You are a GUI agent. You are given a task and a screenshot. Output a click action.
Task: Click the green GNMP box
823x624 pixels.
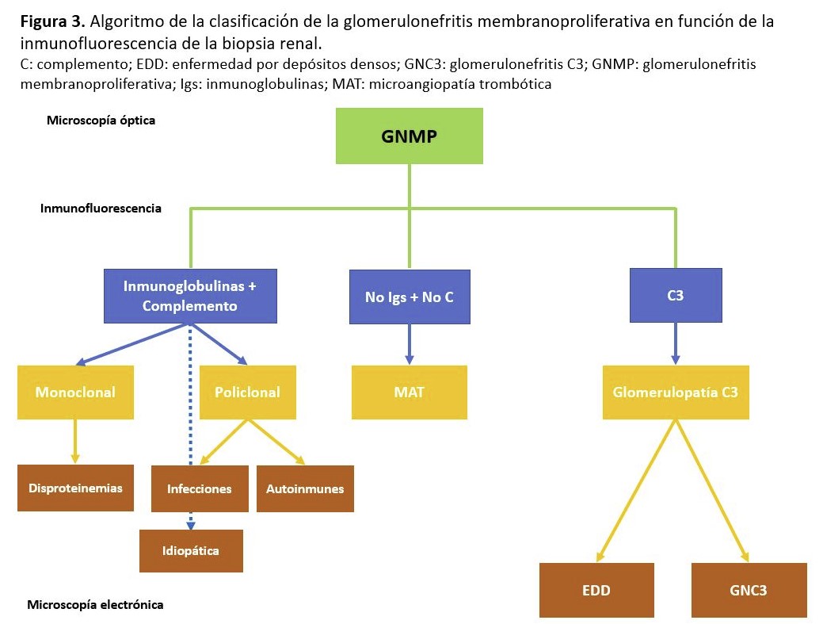click(x=409, y=135)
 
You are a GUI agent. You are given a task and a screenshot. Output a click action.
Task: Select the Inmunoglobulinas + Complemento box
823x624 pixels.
click(x=190, y=296)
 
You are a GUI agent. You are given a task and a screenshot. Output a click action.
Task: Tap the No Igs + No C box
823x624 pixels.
click(x=409, y=297)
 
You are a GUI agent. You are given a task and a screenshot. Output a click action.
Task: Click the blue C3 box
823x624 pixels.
click(x=675, y=295)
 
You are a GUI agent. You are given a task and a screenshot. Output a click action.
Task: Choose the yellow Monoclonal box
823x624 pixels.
click(x=75, y=392)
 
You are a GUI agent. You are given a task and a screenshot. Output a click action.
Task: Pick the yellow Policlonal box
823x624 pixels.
click(x=247, y=392)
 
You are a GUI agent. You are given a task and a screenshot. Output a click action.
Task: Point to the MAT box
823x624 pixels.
click(x=409, y=392)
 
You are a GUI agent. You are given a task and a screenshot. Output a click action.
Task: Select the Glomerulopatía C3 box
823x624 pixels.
click(x=675, y=392)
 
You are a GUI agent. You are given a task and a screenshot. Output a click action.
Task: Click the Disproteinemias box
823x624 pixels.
click(x=75, y=488)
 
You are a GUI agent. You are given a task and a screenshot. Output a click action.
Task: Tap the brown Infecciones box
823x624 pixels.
click(x=199, y=488)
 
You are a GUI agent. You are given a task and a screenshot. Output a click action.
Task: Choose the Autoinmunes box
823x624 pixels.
click(x=305, y=488)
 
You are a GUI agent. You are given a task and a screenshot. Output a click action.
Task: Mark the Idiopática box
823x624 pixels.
click(x=191, y=550)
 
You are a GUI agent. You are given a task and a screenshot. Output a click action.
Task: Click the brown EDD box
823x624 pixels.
click(x=596, y=590)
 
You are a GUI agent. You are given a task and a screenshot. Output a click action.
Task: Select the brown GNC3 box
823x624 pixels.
click(x=749, y=590)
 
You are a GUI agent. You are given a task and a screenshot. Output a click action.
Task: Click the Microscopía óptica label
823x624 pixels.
click(x=101, y=121)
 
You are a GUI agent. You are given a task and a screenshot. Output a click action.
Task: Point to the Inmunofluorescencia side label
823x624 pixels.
click(x=101, y=209)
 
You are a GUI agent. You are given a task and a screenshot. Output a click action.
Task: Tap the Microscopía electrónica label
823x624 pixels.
click(x=95, y=605)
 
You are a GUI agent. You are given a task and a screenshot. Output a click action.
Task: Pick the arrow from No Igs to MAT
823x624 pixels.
click(x=409, y=344)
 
